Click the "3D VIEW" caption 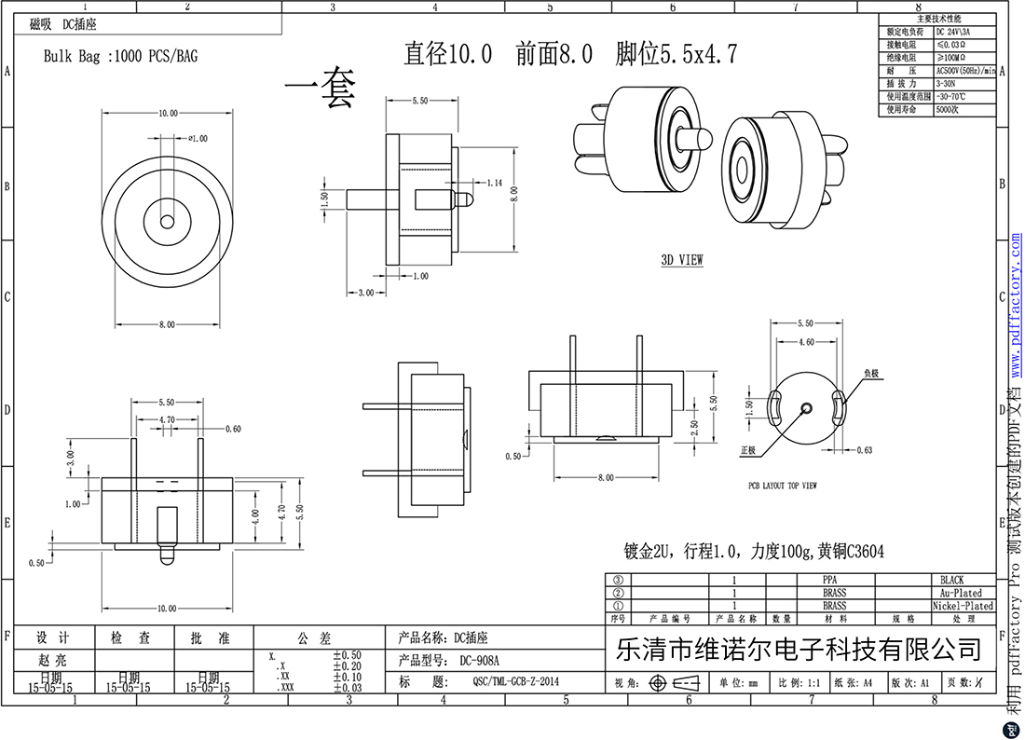pyautogui.click(x=682, y=260)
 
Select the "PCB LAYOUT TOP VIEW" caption pyautogui.click(x=783, y=486)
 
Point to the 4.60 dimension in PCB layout pyautogui.click(x=806, y=342)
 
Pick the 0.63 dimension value pyautogui.click(x=864, y=450)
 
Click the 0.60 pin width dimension pyautogui.click(x=233, y=429)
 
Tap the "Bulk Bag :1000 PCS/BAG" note pyautogui.click(x=121, y=56)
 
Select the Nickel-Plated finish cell pyautogui.click(x=963, y=606)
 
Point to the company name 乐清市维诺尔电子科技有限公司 pyautogui.click(x=799, y=649)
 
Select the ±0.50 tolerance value pyautogui.click(x=347, y=656)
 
